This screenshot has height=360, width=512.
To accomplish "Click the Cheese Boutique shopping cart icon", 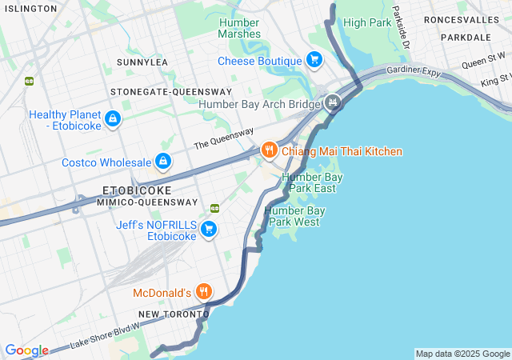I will (314, 60).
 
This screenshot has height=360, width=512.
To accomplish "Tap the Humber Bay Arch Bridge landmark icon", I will (333, 103).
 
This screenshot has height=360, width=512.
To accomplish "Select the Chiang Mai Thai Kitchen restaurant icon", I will (270, 150).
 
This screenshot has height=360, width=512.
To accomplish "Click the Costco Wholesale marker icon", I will (163, 162).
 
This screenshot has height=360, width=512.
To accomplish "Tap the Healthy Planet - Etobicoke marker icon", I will (113, 120).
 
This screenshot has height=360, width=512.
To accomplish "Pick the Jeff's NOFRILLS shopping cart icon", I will (209, 230).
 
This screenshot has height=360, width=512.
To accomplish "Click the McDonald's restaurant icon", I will (205, 292).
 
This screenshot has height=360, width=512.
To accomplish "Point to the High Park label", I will (367, 22).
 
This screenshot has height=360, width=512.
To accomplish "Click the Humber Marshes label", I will (239, 28).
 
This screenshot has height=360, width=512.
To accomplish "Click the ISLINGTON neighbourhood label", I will (29, 8).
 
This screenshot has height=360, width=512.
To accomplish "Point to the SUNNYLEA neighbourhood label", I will (142, 62).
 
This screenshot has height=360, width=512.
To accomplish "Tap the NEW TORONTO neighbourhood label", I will (173, 314).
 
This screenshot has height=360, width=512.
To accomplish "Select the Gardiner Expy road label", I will (414, 71).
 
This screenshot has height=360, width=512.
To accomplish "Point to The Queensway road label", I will (223, 138).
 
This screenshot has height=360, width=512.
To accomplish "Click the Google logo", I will (26, 350).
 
